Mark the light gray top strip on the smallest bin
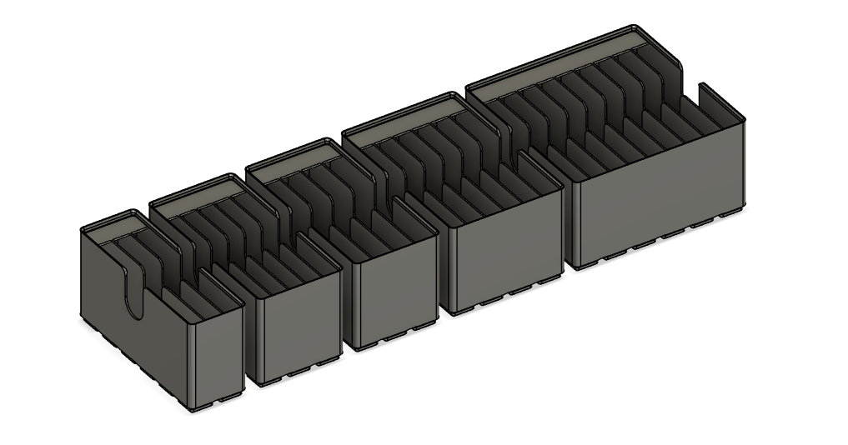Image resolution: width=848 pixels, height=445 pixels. [x=117, y=227]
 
